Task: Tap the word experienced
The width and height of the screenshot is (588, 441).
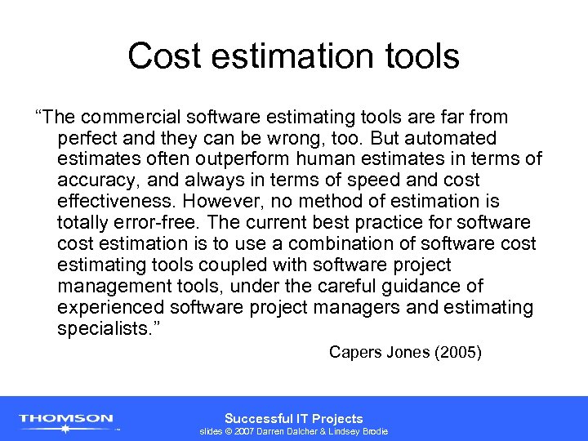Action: tap(111, 308)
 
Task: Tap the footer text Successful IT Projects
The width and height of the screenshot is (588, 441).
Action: tap(294, 418)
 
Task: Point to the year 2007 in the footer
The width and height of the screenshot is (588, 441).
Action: tap(246, 431)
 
